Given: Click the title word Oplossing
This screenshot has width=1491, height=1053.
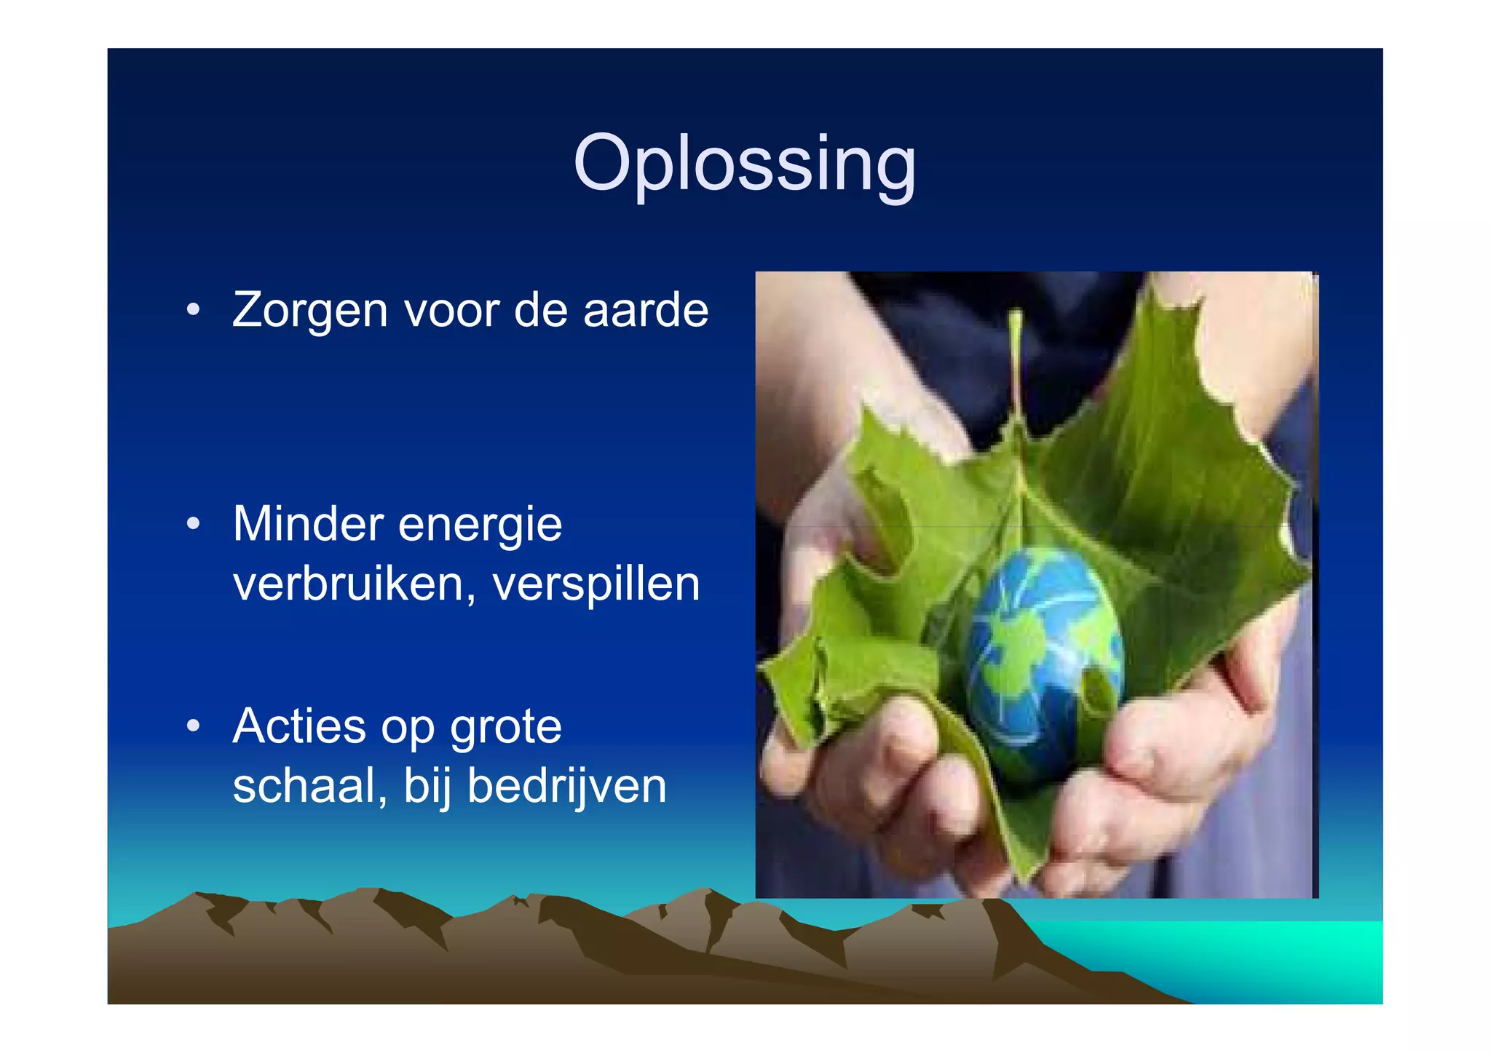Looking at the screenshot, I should (744, 164).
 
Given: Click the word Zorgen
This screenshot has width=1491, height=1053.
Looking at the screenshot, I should (309, 311).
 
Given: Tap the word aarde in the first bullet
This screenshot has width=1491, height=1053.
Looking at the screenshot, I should (645, 310).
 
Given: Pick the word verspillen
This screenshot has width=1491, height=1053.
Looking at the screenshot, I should (596, 585).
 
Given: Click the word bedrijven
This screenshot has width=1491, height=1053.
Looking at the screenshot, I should (566, 786).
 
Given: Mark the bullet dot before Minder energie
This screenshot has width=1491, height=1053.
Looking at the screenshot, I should (193, 523).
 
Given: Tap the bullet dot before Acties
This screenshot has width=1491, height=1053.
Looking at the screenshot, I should (193, 726).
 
